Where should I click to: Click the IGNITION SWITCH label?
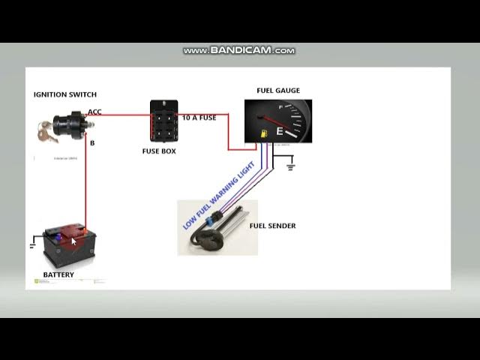point(64,94)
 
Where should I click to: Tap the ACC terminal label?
point(94,112)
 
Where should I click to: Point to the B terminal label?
point(92,142)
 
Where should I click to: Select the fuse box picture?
point(163,120)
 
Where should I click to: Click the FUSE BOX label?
point(159,151)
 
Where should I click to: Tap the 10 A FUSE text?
point(199,118)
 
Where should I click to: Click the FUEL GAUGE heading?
point(277,91)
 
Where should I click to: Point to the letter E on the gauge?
point(280,131)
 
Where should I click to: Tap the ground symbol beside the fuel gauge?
point(290,166)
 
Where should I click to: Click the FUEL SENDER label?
point(272,226)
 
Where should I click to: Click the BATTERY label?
point(58,275)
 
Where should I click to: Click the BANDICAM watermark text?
point(239,51)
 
